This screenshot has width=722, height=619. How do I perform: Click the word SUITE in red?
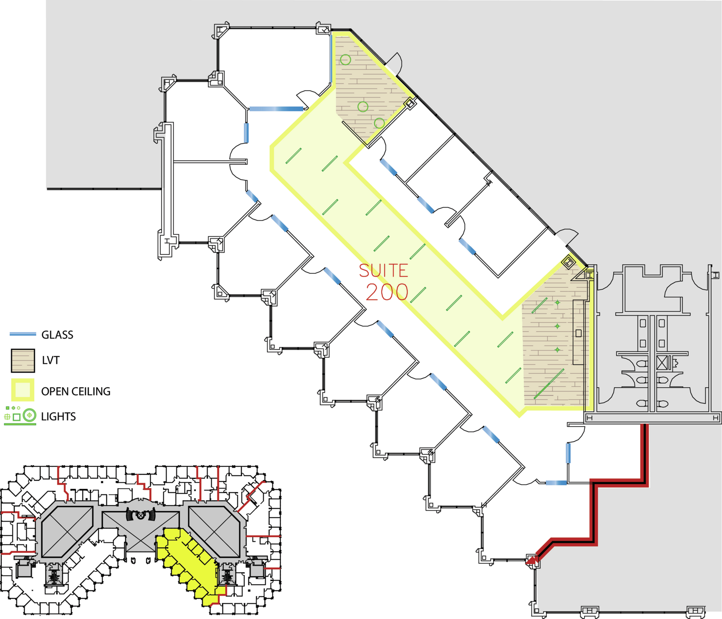click(x=383, y=271)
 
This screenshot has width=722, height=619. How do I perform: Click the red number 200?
click(x=387, y=292)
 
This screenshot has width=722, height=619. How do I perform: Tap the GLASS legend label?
click(x=57, y=335)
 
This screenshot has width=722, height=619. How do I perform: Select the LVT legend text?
click(x=51, y=360)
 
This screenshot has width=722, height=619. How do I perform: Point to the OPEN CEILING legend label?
click(x=76, y=391)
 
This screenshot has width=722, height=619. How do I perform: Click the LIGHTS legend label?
click(x=58, y=417)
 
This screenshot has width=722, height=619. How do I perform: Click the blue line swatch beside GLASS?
click(x=23, y=334)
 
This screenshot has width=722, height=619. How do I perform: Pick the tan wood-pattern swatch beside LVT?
click(x=23, y=360)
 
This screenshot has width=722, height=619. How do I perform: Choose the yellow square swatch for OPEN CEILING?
click(x=22, y=390)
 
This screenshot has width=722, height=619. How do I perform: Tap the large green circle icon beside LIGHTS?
click(x=29, y=415)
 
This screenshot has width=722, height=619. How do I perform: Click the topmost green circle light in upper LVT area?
click(x=345, y=60)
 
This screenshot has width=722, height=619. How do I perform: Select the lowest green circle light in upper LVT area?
click(x=379, y=123)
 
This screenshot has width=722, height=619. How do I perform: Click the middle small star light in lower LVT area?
click(x=557, y=326)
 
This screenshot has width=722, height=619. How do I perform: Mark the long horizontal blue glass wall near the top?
click(x=276, y=109)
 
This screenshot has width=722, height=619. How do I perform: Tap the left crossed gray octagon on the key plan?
click(x=67, y=532)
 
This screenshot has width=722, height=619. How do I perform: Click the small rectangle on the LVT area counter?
click(x=578, y=333)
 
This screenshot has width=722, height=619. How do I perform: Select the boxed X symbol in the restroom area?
click(x=662, y=363)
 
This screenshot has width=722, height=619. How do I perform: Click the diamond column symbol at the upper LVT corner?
click(x=410, y=104)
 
